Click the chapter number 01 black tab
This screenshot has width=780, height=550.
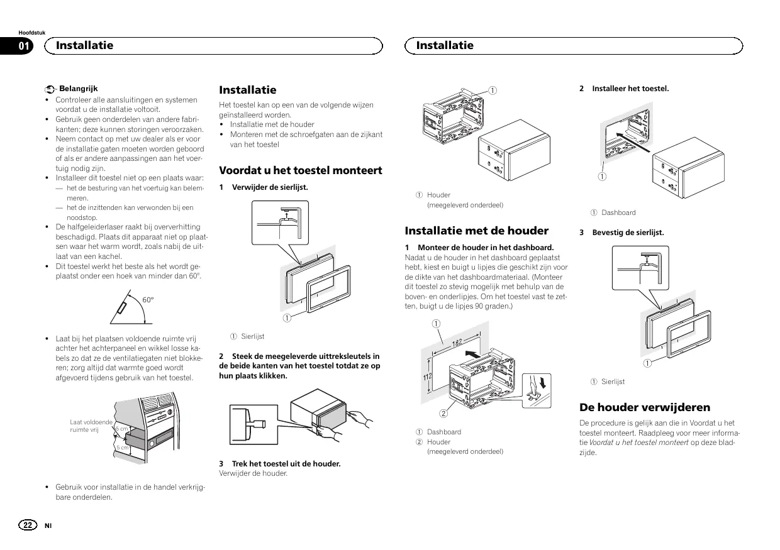[25, 45]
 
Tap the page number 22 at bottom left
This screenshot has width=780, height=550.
[28, 525]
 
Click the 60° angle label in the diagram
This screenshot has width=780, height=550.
[148, 300]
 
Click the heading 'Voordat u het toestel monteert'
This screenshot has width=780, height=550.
[300, 170]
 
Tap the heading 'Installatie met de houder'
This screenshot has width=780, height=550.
[476, 231]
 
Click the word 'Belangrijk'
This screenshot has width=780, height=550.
[79, 89]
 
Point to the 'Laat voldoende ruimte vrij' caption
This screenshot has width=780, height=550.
[91, 426]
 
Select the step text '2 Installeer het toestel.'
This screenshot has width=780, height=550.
[624, 89]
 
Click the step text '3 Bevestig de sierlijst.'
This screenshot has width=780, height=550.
[621, 233]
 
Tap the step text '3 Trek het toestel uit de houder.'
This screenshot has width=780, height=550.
[280, 464]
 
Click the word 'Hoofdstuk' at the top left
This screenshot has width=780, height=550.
[32, 32]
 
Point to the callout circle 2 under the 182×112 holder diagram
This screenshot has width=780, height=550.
[443, 413]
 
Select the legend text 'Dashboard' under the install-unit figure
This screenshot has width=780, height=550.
[618, 212]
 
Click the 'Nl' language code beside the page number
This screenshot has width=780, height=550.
[47, 525]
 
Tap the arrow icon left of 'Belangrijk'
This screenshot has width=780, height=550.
[50, 90]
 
